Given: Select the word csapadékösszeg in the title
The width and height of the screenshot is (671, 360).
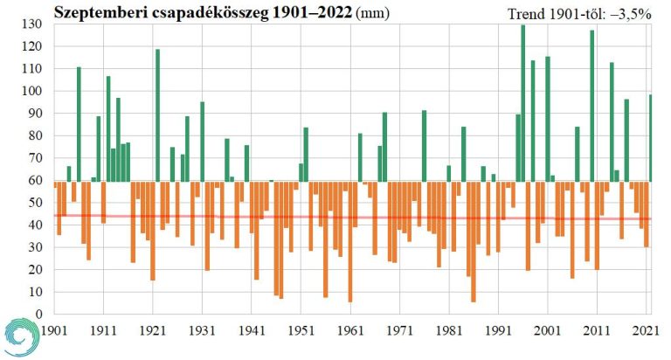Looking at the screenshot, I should click(204, 12).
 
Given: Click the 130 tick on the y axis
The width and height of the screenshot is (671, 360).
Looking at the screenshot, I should click(31, 24).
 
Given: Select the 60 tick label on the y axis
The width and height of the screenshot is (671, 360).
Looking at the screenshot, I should click(35, 180).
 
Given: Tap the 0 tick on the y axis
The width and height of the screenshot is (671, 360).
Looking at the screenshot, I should click(38, 314).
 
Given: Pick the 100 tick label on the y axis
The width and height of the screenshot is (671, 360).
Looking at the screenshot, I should click(31, 91).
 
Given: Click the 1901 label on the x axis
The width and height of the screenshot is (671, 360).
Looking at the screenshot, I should click(54, 332).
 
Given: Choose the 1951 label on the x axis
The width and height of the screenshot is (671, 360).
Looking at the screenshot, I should click(301, 332).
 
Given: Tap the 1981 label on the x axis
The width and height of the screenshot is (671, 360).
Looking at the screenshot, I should click(449, 332).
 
